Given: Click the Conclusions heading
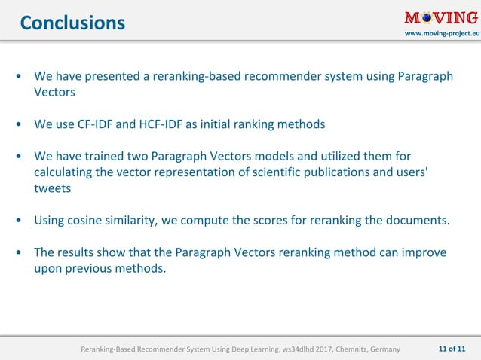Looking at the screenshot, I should (72, 23).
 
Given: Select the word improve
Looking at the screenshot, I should (424, 252).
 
